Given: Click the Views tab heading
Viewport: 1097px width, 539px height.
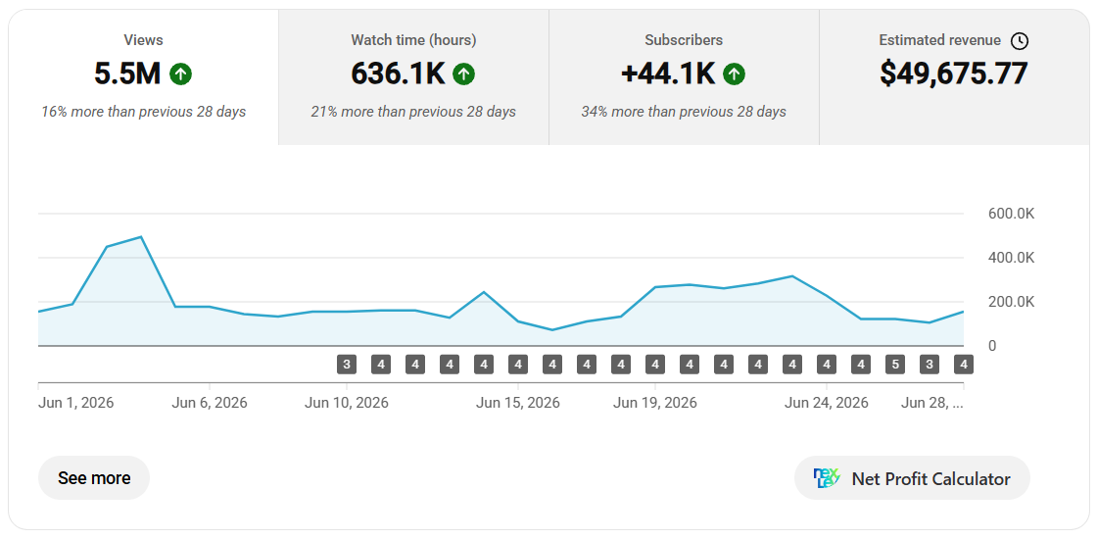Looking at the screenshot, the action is tap(143, 40).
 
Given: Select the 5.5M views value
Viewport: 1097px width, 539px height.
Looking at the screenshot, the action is tap(128, 73).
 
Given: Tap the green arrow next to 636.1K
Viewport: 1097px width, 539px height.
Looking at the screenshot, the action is tap(463, 73).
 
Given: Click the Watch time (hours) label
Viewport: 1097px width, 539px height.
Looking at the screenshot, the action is tap(413, 40).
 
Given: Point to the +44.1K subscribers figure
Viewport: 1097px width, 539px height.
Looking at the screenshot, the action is tap(668, 73).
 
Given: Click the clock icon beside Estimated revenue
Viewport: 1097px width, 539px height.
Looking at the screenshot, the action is tap(1020, 40).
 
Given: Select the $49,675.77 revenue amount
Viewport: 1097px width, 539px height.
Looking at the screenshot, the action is tap(954, 73).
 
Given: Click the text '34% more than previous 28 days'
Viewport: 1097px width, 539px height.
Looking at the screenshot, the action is tap(684, 112).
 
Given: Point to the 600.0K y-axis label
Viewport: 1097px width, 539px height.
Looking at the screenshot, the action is tap(1011, 215).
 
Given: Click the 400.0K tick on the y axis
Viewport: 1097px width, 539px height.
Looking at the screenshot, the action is tap(1011, 259).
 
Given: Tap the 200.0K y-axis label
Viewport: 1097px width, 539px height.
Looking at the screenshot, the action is tap(1011, 303).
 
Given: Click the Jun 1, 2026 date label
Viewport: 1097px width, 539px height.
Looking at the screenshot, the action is tap(75, 403).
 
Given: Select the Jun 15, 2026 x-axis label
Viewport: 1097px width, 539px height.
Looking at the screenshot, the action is tap(518, 403).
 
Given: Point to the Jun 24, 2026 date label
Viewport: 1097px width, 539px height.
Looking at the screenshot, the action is tap(827, 403).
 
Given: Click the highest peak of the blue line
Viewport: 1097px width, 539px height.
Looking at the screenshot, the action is tap(141, 236).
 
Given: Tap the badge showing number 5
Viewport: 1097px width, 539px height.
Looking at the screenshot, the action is tap(895, 364).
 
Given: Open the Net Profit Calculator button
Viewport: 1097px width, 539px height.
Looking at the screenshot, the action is tap(912, 479).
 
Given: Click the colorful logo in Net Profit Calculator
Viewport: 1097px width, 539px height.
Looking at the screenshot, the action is tap(827, 479).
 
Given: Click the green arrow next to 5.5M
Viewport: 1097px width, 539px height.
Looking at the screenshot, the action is tap(180, 73).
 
